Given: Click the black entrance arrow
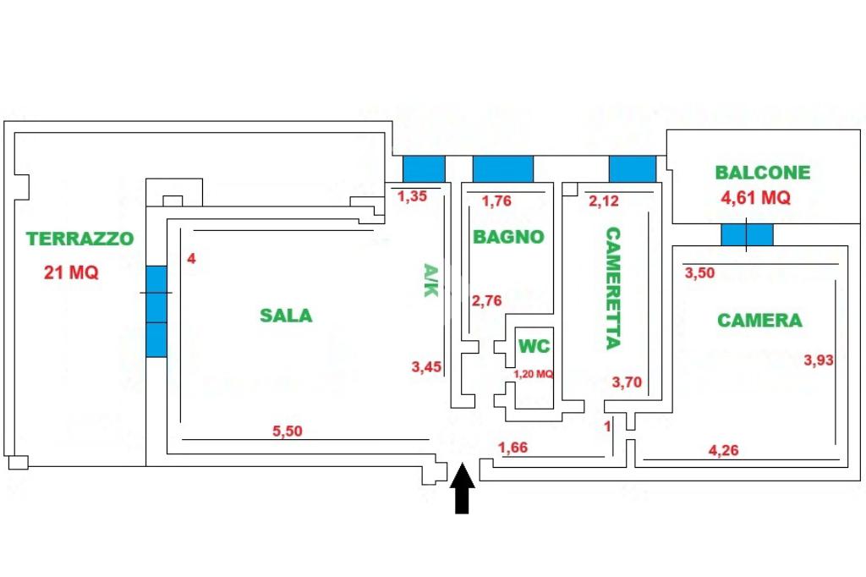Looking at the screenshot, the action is pyautogui.click(x=462, y=491).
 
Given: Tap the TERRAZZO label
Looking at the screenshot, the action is pyautogui.click(x=79, y=239).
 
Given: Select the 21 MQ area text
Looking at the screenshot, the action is pyautogui.click(x=71, y=273).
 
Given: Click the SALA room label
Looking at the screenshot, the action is pyautogui.click(x=286, y=316).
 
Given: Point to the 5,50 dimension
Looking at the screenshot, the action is pyautogui.click(x=287, y=431).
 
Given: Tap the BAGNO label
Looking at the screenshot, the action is pyautogui.click(x=508, y=237).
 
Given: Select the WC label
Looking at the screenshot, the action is pyautogui.click(x=534, y=346).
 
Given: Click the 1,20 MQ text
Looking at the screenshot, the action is pyautogui.click(x=534, y=373).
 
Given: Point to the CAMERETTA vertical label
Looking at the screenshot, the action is pyautogui.click(x=612, y=288).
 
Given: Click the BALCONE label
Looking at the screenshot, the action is pyautogui.click(x=762, y=173).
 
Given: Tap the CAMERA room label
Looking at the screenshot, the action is pyautogui.click(x=759, y=321).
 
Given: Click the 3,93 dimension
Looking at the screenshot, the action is pyautogui.click(x=819, y=360).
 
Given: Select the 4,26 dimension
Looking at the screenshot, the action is pyautogui.click(x=723, y=450).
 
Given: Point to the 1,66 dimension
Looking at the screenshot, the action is pyautogui.click(x=513, y=448).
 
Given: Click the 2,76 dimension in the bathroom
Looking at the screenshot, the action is pyautogui.click(x=487, y=300).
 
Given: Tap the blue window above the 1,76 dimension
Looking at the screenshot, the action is pyautogui.click(x=502, y=169).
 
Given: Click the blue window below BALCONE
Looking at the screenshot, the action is pyautogui.click(x=747, y=234).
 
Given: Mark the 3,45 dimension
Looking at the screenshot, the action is pyautogui.click(x=426, y=366).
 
